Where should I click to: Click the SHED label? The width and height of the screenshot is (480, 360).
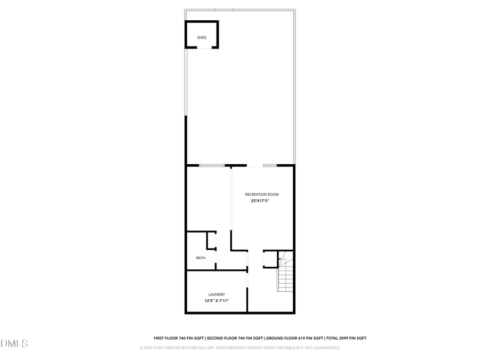[x=202, y=37]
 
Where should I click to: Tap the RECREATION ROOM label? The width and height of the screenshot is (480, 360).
[x=262, y=194]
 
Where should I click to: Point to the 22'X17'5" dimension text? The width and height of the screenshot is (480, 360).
[x=260, y=201]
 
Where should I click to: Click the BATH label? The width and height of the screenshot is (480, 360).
[x=201, y=258]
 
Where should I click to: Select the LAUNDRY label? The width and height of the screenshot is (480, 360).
[x=216, y=294]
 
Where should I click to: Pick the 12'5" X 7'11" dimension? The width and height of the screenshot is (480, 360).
[x=216, y=301]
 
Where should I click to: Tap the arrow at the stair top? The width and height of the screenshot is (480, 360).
[x=281, y=260]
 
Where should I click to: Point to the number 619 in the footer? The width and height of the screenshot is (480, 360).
[x=303, y=338]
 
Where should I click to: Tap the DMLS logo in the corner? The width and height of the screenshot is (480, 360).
[x=14, y=343]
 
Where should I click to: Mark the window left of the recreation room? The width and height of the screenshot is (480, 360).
[x=212, y=165]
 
